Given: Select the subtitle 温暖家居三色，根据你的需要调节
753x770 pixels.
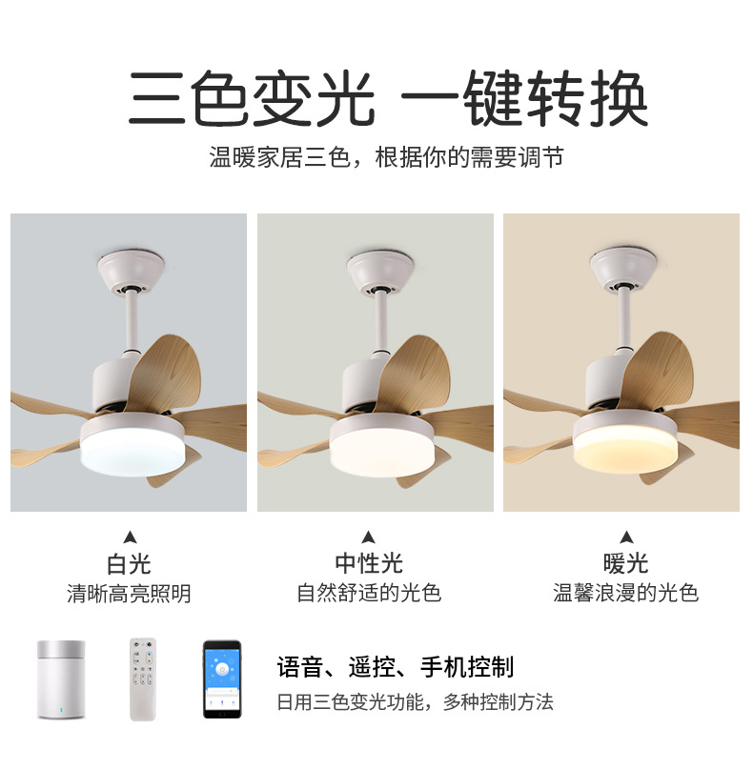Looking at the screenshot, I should [386, 157].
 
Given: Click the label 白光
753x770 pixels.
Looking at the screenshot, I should [130, 564].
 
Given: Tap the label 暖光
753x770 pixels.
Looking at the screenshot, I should [625, 564].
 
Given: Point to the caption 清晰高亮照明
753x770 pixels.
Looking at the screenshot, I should [130, 594].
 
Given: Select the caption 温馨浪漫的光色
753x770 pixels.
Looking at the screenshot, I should [626, 594].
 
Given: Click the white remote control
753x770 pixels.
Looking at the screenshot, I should [144, 679].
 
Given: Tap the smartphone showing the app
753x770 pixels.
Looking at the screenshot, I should [221, 678].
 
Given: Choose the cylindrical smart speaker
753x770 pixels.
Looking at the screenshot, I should [64, 679].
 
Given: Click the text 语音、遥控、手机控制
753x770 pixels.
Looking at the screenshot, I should [396, 666].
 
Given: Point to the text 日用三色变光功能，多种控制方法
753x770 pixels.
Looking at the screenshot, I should [416, 703].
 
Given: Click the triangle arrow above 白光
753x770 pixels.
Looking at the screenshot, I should [130, 537].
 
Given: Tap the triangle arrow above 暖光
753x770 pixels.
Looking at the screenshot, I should [626, 537].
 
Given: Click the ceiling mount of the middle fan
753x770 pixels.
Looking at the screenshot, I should [382, 271].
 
